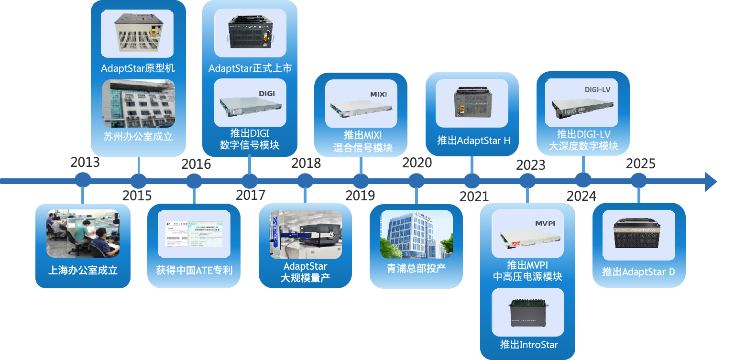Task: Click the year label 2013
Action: [x=85, y=163]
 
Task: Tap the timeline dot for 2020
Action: [x=416, y=181]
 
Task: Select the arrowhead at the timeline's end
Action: [x=711, y=181]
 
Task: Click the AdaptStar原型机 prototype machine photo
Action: [x=137, y=33]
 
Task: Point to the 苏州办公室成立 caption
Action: [x=138, y=136]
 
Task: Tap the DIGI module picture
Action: [x=250, y=102]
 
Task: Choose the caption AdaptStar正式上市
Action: [x=250, y=68]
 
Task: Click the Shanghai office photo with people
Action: [x=83, y=233]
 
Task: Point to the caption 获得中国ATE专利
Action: [x=194, y=270]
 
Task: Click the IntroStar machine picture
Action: [x=527, y=312]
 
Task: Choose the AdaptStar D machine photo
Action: [x=638, y=235]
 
